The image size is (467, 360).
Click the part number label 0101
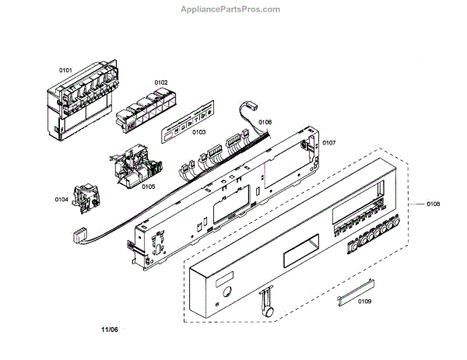(x=65, y=71)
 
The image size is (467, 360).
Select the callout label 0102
(x=160, y=82)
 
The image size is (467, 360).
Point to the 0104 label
(x=61, y=200)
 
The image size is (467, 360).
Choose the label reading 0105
(x=148, y=187)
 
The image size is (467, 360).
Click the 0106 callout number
(x=265, y=122)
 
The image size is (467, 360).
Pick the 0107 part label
(x=328, y=142)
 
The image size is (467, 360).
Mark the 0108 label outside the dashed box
(x=433, y=204)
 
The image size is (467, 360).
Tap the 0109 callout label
(x=364, y=301)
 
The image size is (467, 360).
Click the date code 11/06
(x=110, y=330)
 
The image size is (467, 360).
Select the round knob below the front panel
(x=270, y=309)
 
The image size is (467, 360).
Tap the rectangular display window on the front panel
(x=297, y=253)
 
